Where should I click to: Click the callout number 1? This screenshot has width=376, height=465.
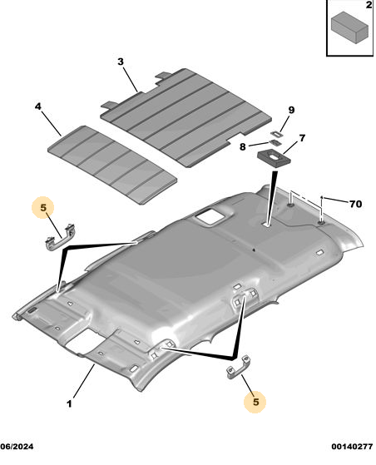click(69, 404)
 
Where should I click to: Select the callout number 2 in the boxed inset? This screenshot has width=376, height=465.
click(369, 5)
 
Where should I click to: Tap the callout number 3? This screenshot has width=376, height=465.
click(121, 62)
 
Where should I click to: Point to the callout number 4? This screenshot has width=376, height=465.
click(38, 106)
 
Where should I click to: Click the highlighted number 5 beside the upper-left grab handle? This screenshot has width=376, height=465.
click(43, 208)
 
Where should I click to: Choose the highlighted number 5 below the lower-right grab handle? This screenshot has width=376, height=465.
click(255, 402)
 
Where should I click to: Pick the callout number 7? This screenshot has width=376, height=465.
click(302, 138)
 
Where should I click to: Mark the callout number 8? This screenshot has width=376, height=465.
click(243, 146)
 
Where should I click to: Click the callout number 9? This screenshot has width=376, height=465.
click(291, 110)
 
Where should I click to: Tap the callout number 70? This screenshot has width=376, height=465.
click(355, 204)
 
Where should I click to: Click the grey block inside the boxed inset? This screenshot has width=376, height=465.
click(349, 27)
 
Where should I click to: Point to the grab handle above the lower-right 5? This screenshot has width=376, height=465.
click(239, 367)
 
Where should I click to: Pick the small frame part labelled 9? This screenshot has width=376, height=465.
click(277, 134)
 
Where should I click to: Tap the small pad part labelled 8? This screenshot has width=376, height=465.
click(275, 143)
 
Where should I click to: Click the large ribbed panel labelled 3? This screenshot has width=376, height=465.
click(186, 117)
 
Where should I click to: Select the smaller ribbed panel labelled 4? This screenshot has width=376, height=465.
click(112, 165)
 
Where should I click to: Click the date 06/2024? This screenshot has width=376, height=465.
click(17, 447)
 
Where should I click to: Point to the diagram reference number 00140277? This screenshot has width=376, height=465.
click(352, 447)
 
